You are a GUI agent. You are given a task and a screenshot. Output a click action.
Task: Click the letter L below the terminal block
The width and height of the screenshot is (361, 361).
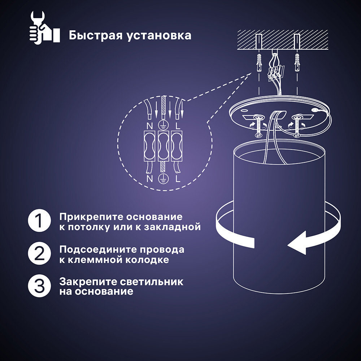(178, 179)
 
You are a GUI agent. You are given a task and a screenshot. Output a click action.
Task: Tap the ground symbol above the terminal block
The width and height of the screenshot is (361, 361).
(163, 125)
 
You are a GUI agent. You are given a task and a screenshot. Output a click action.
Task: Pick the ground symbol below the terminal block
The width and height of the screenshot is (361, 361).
(163, 179)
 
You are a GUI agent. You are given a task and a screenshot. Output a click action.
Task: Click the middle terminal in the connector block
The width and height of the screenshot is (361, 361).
(163, 146)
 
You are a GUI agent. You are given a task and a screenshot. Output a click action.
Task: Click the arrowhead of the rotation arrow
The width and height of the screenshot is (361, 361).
(296, 245)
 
